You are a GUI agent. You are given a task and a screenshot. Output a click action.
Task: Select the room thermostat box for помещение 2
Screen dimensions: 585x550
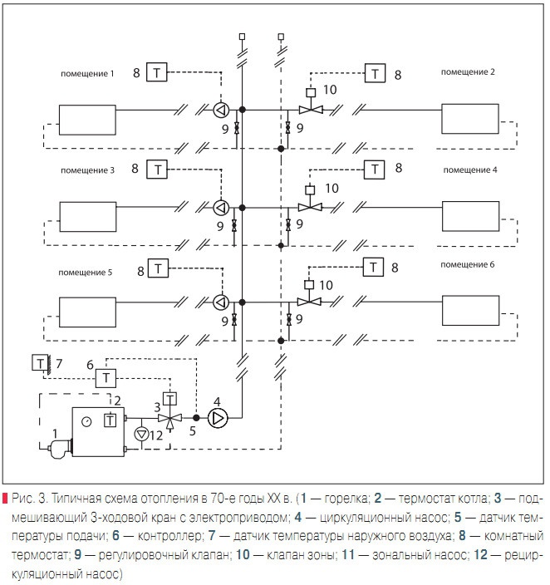[378, 74]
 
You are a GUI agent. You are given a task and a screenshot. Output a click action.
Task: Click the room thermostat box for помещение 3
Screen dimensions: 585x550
[158, 170]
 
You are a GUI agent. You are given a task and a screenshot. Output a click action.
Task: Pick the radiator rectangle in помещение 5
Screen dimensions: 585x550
[86, 312]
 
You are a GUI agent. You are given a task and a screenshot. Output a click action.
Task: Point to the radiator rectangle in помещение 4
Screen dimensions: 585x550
[469, 216]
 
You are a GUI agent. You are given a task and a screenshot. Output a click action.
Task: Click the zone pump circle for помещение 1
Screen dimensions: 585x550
[222, 109]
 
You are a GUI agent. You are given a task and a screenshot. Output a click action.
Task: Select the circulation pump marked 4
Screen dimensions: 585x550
[218, 417]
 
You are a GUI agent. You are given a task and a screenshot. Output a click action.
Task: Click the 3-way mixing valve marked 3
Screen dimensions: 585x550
[170, 417]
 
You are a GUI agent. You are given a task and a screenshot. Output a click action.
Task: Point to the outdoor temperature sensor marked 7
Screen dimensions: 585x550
[39, 362]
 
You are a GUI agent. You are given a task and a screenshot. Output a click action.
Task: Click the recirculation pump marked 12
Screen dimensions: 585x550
[142, 433]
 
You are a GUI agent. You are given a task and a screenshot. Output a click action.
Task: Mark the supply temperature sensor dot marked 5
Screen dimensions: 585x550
[196, 417]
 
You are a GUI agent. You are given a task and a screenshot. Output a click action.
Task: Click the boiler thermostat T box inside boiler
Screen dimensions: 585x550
[110, 420]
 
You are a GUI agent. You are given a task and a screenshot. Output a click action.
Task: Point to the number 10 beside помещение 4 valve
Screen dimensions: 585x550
[331, 189]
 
